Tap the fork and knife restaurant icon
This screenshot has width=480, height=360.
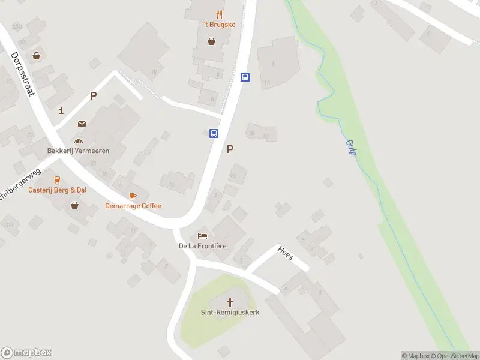pyautogui.click(x=220, y=14)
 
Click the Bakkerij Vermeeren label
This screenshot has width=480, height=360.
pyautogui.click(x=79, y=151)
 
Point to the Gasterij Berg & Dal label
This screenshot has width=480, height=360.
pyautogui.click(x=57, y=190)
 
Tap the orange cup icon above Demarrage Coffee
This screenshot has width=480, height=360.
pyautogui.click(x=133, y=196)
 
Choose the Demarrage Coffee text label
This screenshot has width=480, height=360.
pyautogui.click(x=133, y=206)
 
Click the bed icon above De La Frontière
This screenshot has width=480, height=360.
pyautogui.click(x=202, y=236)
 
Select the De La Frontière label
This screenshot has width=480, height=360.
pyautogui.click(x=202, y=246)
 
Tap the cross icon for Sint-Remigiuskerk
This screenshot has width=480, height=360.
pyautogui.click(x=230, y=302)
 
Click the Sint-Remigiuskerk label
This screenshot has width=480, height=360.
pyautogui.click(x=230, y=313)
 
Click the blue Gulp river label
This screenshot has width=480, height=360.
pyautogui.click(x=351, y=148)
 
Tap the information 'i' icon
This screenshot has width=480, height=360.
pyautogui.click(x=62, y=110)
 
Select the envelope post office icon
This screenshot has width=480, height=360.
pyautogui.click(x=82, y=124)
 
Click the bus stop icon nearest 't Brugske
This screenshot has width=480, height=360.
pyautogui.click(x=245, y=77)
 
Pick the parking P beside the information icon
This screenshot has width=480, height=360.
pyautogui.click(x=93, y=95)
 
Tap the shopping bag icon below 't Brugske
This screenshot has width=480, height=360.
pyautogui.click(x=211, y=41)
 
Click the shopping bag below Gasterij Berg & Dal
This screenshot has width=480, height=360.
pyautogui.click(x=74, y=205)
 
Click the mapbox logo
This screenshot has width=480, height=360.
pyautogui.click(x=26, y=353)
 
